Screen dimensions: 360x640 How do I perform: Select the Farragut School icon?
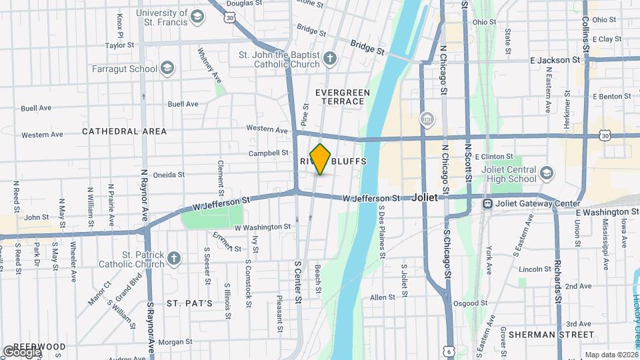tap(167, 67)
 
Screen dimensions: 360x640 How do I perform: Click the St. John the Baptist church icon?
tap(329, 59)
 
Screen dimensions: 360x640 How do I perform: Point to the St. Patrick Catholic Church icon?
tap(174, 257)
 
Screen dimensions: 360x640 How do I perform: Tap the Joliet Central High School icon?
tap(547, 173)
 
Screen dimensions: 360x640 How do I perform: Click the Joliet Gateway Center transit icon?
tap(488, 203)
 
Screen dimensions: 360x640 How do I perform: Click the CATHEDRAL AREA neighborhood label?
tap(119, 132)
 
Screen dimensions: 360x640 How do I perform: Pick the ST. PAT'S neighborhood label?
tap(189, 303)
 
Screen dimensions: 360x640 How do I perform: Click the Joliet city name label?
tap(424, 198)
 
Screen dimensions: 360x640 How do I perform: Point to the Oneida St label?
tap(169, 175)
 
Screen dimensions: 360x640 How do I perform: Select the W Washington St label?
tap(263, 227)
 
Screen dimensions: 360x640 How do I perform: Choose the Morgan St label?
tap(176, 342)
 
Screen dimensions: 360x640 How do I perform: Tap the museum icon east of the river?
tap(426, 119)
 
